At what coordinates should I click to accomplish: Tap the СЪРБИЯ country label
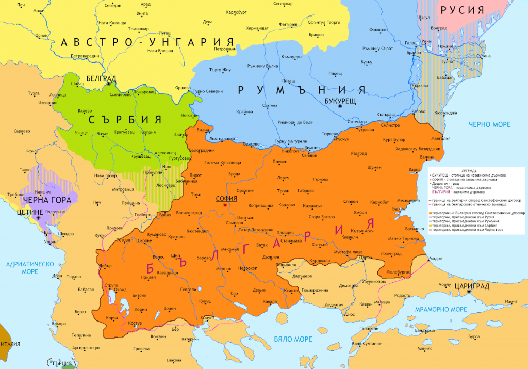125,120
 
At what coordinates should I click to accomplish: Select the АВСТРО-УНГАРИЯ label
147,42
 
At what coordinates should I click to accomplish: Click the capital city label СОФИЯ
227,198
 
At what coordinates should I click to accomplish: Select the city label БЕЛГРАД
101,79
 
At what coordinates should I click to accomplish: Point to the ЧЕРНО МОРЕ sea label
490,124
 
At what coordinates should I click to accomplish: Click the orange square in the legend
430,213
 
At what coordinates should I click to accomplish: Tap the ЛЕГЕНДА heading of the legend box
476,171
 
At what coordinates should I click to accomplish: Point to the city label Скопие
145,240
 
